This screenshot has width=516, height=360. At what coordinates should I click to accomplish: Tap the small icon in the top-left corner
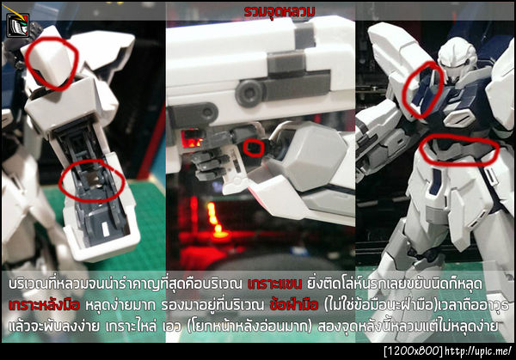(x=15, y=25)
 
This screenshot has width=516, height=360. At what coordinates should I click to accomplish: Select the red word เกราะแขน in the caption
(x=272, y=283)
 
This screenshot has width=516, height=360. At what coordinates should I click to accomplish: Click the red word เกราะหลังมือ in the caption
(x=40, y=304)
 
